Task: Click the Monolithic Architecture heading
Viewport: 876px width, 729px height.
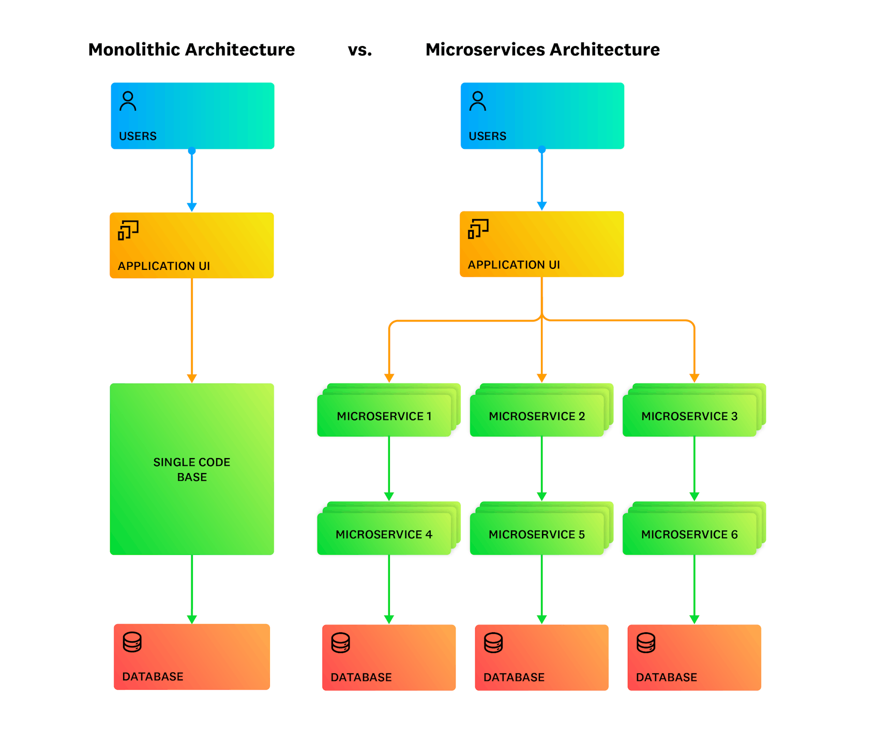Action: click(x=191, y=50)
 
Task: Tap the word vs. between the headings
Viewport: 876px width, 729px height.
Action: click(x=360, y=50)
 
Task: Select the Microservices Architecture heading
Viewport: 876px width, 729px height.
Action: click(x=542, y=50)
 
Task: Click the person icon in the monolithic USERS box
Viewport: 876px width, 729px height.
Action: click(x=128, y=101)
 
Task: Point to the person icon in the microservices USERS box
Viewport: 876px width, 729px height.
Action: click(x=478, y=101)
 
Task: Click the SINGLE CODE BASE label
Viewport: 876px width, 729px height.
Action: click(x=192, y=469)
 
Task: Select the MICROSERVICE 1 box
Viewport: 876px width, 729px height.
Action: click(x=384, y=416)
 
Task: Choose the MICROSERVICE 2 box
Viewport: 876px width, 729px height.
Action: click(x=537, y=416)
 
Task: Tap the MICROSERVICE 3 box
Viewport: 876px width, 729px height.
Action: click(x=689, y=416)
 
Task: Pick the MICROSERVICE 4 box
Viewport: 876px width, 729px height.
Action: click(x=384, y=535)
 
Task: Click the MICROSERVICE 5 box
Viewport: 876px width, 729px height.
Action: click(x=537, y=535)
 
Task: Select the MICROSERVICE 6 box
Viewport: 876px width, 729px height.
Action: click(x=689, y=535)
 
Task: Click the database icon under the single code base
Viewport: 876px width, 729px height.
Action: click(x=132, y=642)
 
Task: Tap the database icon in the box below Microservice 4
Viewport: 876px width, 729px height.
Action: click(x=341, y=643)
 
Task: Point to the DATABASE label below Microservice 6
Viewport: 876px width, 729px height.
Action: click(x=667, y=677)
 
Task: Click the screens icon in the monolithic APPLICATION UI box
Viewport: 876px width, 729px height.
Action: click(x=128, y=230)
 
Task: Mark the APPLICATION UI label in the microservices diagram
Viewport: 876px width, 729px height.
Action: click(x=514, y=265)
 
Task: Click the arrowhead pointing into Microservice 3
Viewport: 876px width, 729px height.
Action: click(x=694, y=378)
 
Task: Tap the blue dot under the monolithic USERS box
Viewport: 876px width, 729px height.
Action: click(x=192, y=151)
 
